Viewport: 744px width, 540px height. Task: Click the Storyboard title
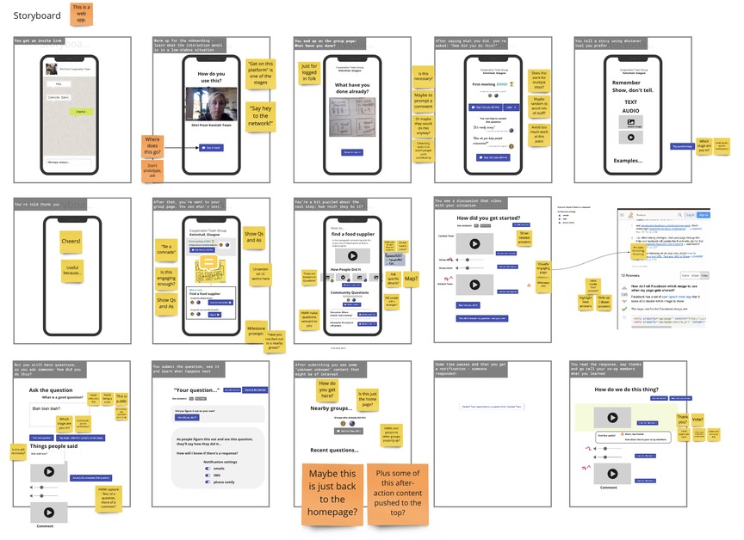click(x=36, y=15)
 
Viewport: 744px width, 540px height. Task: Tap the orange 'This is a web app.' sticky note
click(x=82, y=13)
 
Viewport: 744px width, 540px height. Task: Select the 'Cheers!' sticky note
click(x=71, y=242)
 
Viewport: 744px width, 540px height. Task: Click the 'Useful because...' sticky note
click(x=71, y=271)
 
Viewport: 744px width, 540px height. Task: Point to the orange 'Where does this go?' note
click(x=152, y=146)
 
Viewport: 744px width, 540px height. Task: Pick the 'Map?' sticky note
click(x=412, y=279)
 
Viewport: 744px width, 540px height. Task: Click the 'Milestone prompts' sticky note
click(x=256, y=309)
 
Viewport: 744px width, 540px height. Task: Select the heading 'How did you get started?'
click(x=487, y=218)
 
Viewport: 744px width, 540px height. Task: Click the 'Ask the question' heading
click(x=50, y=390)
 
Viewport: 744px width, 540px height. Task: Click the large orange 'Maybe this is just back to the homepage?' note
click(x=332, y=494)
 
